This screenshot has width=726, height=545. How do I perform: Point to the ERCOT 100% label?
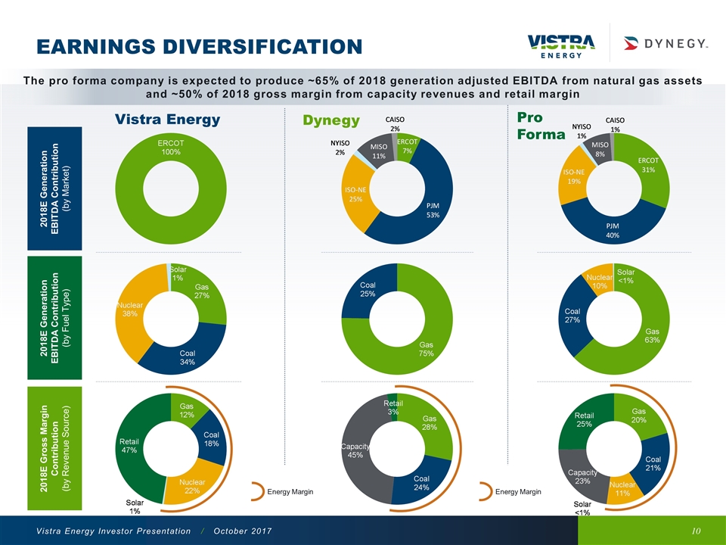coord(171,147)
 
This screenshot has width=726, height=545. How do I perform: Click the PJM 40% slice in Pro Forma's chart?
coord(613,229)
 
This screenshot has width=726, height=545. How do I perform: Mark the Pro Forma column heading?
coord(540,126)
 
